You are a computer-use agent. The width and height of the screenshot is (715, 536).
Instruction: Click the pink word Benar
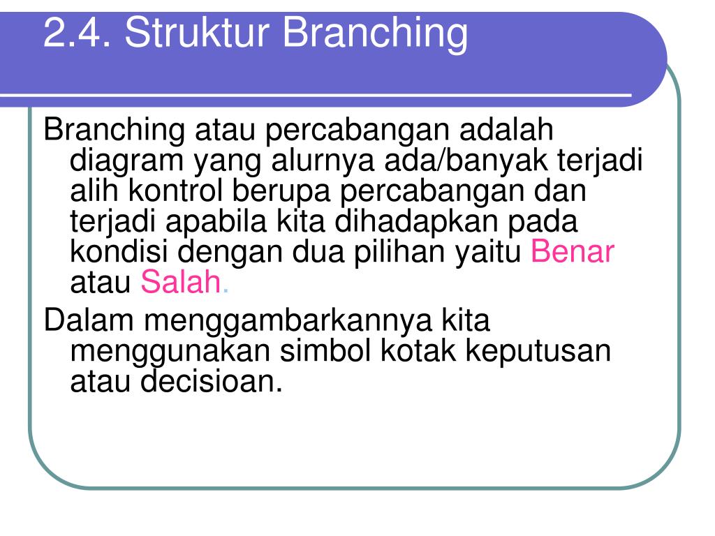pos(573,251)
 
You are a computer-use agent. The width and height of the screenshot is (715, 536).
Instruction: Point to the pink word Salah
pos(181,282)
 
